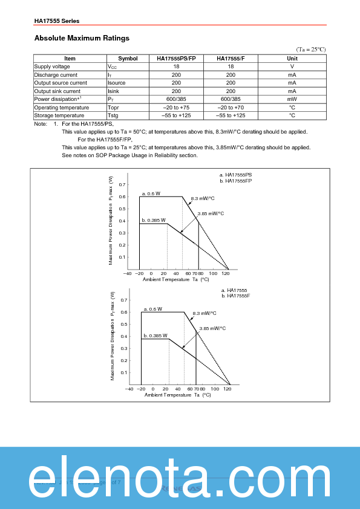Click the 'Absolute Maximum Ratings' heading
click(x=82, y=38)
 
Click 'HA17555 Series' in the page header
click(x=57, y=21)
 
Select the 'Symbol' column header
click(x=128, y=59)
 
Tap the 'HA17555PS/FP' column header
click(x=176, y=59)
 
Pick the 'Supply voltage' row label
click(x=52, y=66)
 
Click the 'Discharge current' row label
click(x=56, y=74)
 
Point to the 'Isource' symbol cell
click(x=117, y=83)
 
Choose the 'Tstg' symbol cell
click(x=113, y=115)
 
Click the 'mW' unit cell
click(x=292, y=99)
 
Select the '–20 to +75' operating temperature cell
click(x=176, y=107)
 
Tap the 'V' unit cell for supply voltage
click(x=292, y=66)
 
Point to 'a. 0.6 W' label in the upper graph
click(x=151, y=193)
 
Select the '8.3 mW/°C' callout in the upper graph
click(x=203, y=198)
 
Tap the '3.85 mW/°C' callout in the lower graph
click(x=212, y=328)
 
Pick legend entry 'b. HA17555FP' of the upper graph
click(x=235, y=181)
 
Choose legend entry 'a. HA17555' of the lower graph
click(x=234, y=290)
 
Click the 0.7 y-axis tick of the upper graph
click(x=122, y=184)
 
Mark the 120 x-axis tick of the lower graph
click(x=227, y=389)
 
